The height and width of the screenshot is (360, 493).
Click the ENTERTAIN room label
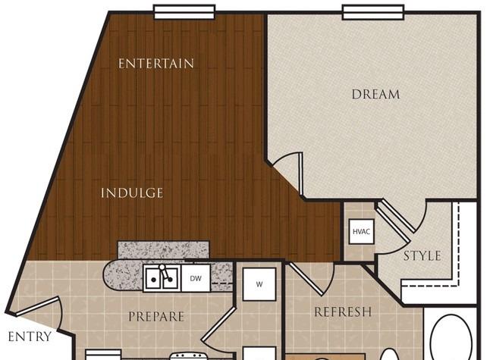click(156, 64)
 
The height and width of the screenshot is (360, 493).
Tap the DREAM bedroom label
click(375, 94)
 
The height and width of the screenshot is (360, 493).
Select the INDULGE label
click(132, 193)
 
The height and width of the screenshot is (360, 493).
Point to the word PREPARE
click(156, 316)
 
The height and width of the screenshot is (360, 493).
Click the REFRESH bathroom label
click(343, 312)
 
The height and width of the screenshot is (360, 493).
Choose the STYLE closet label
click(422, 256)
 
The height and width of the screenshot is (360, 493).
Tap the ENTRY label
click(30, 337)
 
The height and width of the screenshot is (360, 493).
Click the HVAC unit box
click(362, 231)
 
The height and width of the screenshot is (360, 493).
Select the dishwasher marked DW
click(196, 278)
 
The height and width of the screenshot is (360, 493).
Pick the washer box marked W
click(259, 284)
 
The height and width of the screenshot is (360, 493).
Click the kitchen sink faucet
click(165, 273)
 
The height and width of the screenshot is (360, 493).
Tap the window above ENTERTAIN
click(184, 12)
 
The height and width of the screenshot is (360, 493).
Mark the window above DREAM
click(373, 12)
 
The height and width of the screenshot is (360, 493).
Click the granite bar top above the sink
click(164, 250)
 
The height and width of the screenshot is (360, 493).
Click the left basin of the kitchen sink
click(153, 278)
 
